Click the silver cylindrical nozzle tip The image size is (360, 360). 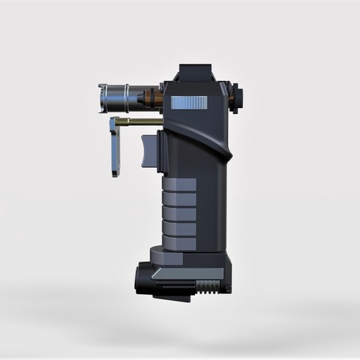point(112,98)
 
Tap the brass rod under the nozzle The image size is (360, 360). point(143,121)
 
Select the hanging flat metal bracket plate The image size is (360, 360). point(115,146)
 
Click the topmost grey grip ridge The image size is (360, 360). point(181,186)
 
